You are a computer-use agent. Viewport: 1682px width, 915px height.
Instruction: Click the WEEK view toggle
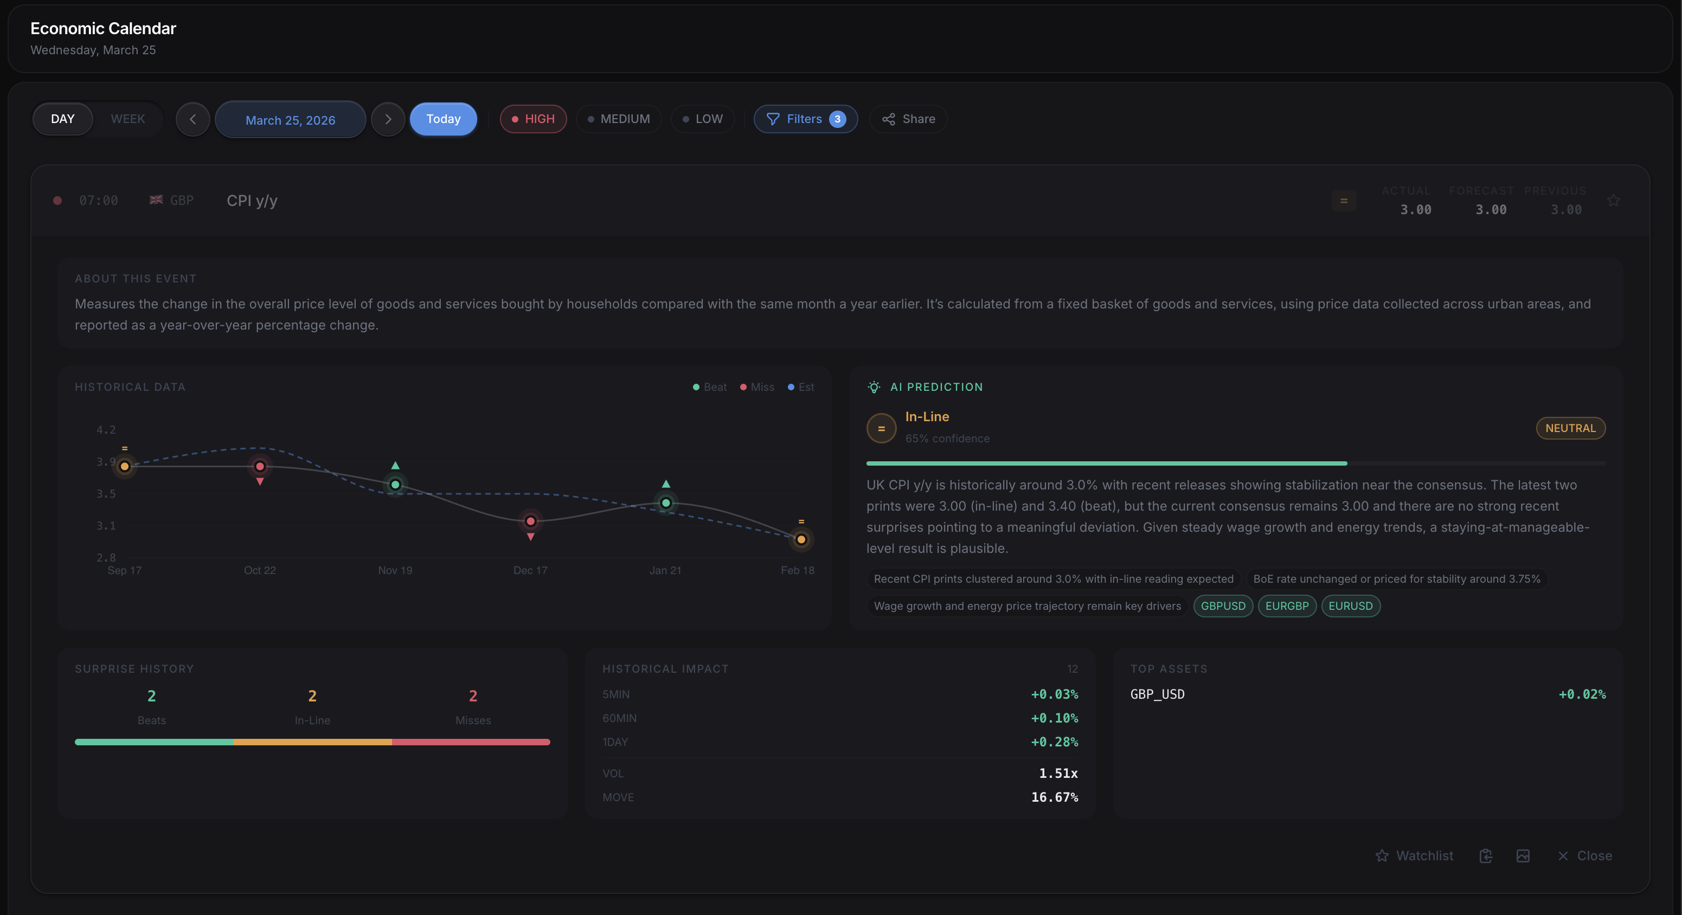127,119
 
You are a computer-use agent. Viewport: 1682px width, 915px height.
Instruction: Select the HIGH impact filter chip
533,119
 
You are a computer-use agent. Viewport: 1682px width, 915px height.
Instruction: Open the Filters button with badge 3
805,119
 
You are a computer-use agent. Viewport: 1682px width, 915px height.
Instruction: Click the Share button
908,119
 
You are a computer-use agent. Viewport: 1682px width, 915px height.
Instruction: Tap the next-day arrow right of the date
388,119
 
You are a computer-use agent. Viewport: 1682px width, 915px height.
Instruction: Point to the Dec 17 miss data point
530,521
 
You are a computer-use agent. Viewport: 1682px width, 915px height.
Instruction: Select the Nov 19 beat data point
395,484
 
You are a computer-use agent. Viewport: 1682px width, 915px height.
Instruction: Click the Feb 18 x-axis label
797,570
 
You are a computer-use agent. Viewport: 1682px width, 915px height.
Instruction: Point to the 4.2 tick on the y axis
106,429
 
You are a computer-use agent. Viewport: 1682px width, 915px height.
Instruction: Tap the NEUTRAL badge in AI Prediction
1570,428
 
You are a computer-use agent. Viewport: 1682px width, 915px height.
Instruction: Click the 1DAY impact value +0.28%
1054,742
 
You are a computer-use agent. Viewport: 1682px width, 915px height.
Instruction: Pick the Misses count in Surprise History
473,697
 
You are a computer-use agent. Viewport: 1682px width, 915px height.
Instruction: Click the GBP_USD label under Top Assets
1157,694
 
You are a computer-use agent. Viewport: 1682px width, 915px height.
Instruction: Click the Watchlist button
1414,855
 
